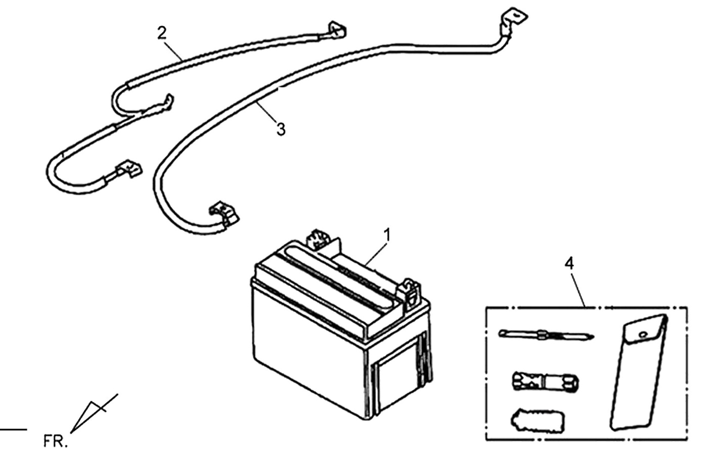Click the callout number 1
[x=387, y=235]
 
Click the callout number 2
[x=162, y=33]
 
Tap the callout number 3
[x=281, y=129]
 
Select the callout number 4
[x=569, y=263]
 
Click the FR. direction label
[x=55, y=441]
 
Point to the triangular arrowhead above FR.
[x=88, y=416]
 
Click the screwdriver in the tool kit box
[x=546, y=335]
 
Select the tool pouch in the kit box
[x=639, y=372]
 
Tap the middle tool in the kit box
[x=546, y=381]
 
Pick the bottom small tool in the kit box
[x=538, y=421]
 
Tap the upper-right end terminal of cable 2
[x=337, y=30]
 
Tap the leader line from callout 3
[x=267, y=111]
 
